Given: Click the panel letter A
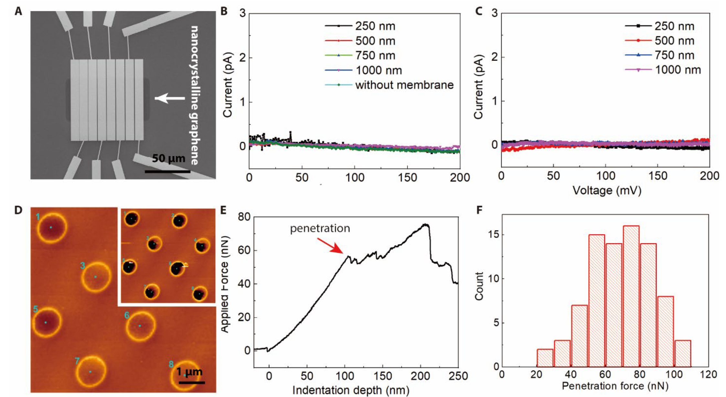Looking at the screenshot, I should click(x=18, y=12).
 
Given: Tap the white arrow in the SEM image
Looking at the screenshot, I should click(x=170, y=98).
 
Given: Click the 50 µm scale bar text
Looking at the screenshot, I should click(x=168, y=158).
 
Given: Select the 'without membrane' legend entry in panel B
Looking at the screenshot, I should click(x=404, y=85).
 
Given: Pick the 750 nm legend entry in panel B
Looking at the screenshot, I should click(x=375, y=56).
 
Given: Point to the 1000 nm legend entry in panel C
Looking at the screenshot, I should click(x=678, y=70).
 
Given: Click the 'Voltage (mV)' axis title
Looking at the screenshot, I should click(x=607, y=190).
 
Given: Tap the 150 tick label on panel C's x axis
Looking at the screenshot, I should click(x=658, y=176).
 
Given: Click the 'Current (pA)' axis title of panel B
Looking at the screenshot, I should click(x=228, y=85).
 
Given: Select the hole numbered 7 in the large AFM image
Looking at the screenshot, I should click(x=91, y=372).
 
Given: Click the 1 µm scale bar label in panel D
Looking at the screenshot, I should click(x=189, y=372).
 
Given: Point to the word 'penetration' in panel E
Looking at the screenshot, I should click(x=320, y=229).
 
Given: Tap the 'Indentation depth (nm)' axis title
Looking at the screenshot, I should click(x=351, y=390).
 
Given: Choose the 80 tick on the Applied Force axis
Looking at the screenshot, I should click(x=244, y=217).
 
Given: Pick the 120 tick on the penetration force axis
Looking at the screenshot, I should click(x=708, y=374).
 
